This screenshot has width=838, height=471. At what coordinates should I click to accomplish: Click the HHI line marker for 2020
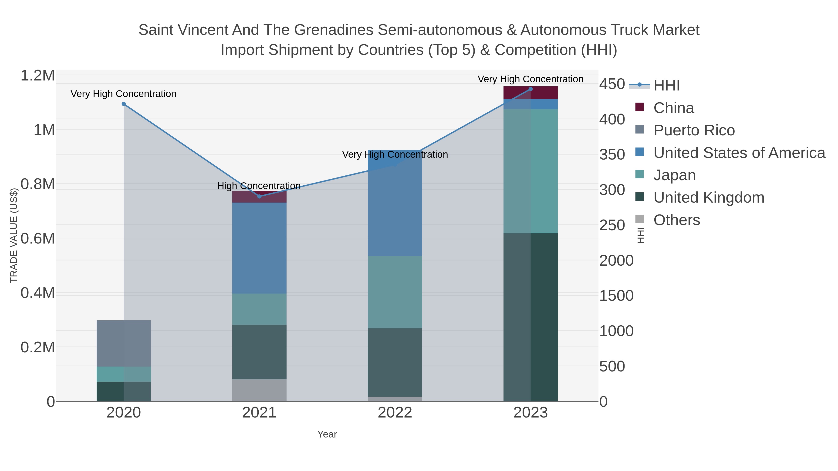coord(124,104)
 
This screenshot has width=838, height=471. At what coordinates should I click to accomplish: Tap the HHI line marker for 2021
coord(259,196)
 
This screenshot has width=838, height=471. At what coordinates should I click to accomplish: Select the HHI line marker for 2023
coord(531,89)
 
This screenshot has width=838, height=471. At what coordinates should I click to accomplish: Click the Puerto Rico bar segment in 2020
coord(124,343)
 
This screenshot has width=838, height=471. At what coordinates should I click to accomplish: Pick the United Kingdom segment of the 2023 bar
coord(531,317)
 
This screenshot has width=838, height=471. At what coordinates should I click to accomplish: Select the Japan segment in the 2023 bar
coord(531,171)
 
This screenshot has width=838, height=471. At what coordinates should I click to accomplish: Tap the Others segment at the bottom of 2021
coord(259,390)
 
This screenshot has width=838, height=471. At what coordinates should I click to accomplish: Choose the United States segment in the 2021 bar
coord(259,248)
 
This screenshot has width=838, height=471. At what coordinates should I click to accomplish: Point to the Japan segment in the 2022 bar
coord(395,292)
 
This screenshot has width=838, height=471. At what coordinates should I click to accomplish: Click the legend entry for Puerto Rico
coord(694,130)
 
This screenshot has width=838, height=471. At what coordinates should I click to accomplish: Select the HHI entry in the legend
coord(666,86)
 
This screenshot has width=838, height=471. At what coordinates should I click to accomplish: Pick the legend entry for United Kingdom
coord(709,198)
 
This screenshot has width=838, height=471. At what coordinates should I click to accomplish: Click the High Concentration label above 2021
coord(259,186)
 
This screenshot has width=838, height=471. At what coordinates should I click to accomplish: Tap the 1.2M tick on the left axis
coord(38,76)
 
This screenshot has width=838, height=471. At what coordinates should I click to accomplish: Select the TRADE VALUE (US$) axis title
coord(14,235)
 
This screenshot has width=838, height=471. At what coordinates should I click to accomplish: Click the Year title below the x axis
coord(327,434)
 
